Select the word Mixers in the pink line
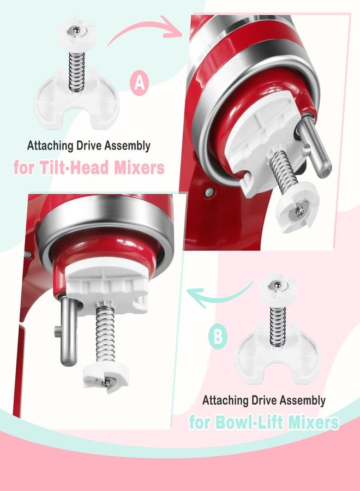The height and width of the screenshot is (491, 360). (x=139, y=167)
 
